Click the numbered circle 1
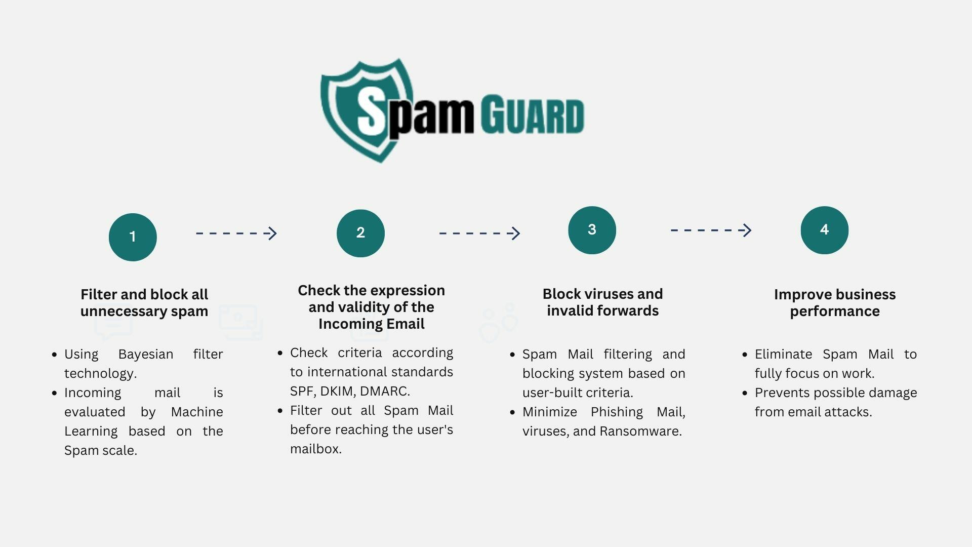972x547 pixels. point(133,237)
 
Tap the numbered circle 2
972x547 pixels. point(360,233)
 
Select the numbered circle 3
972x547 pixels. point(592,230)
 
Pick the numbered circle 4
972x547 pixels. point(824,230)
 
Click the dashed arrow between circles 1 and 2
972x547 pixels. point(236,233)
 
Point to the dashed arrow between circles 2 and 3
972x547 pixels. point(480,233)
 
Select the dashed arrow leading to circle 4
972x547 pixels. point(711,230)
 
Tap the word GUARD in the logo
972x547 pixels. point(532,114)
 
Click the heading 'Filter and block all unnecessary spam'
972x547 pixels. point(144,302)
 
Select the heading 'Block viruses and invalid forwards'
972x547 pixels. point(602,302)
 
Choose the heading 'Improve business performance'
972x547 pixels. point(835,302)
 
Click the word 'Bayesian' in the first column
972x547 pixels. point(146,355)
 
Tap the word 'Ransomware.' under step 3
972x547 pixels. point(641,431)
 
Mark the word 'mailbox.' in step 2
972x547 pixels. point(316,449)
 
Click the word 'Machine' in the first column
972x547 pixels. point(197,412)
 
